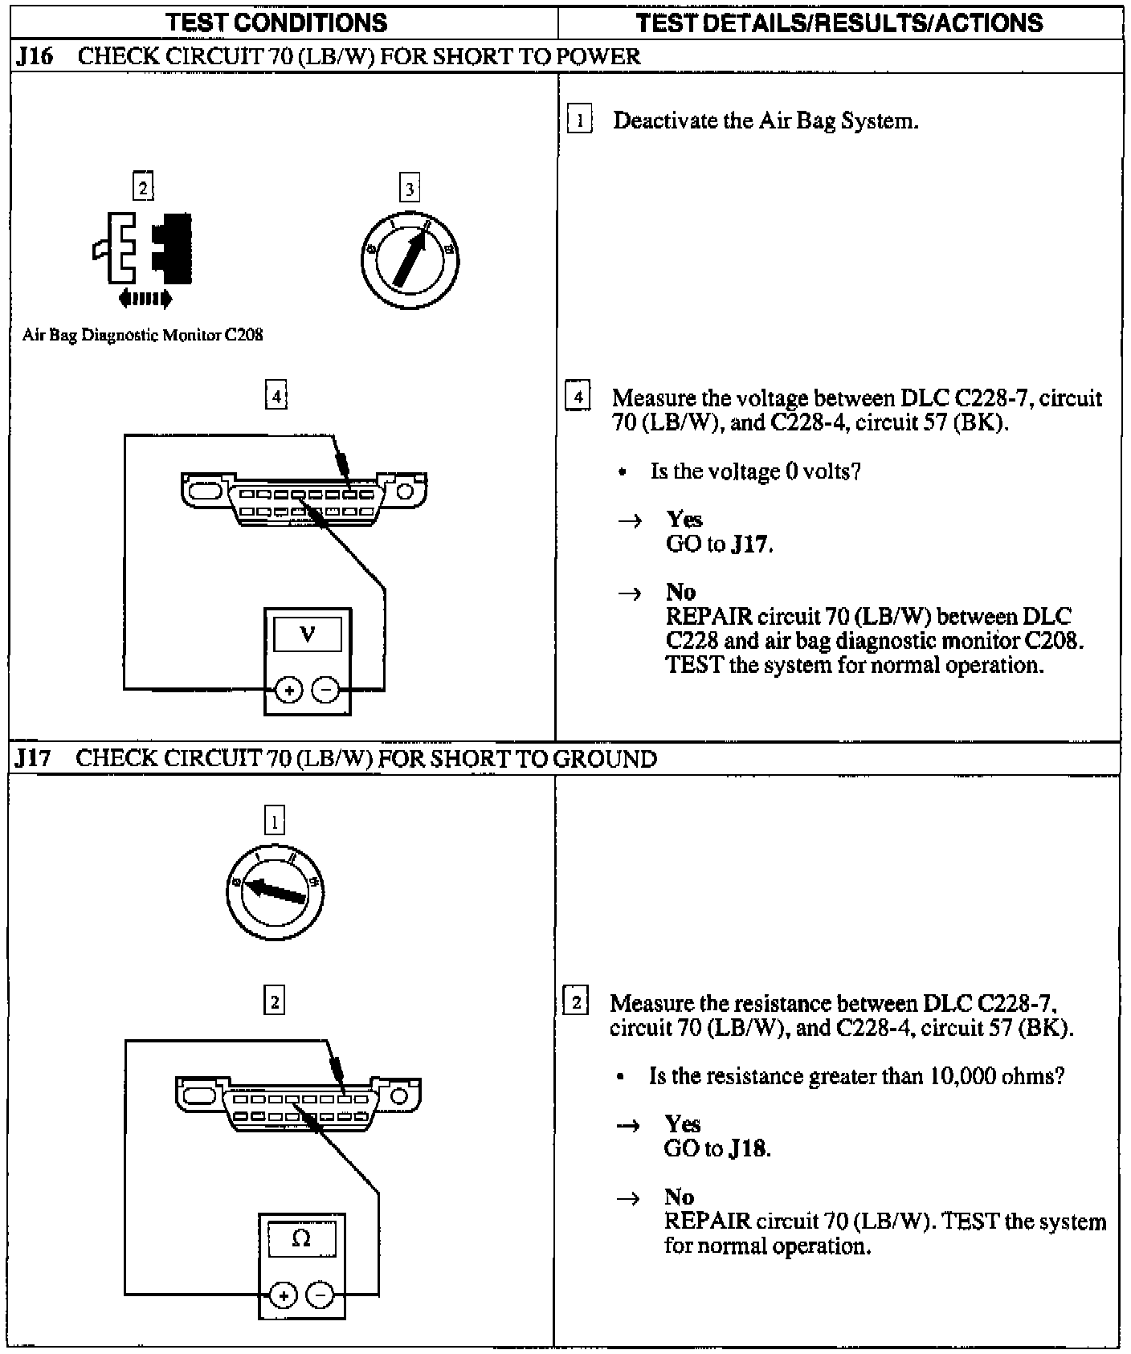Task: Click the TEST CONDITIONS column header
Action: (277, 22)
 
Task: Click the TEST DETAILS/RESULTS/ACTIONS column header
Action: (839, 22)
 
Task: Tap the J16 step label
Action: (33, 57)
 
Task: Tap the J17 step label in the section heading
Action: (33, 759)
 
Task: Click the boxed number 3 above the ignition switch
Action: (410, 190)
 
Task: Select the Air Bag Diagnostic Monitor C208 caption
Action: (143, 335)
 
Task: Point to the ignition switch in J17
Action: (275, 892)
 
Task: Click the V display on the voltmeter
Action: (308, 635)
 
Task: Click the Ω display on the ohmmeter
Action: (301, 1239)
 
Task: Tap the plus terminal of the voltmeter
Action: (289, 690)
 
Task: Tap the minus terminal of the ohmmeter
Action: (321, 1294)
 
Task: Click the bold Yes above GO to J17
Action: (684, 519)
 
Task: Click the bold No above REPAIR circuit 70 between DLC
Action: (680, 592)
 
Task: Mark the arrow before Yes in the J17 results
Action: (627, 1126)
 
